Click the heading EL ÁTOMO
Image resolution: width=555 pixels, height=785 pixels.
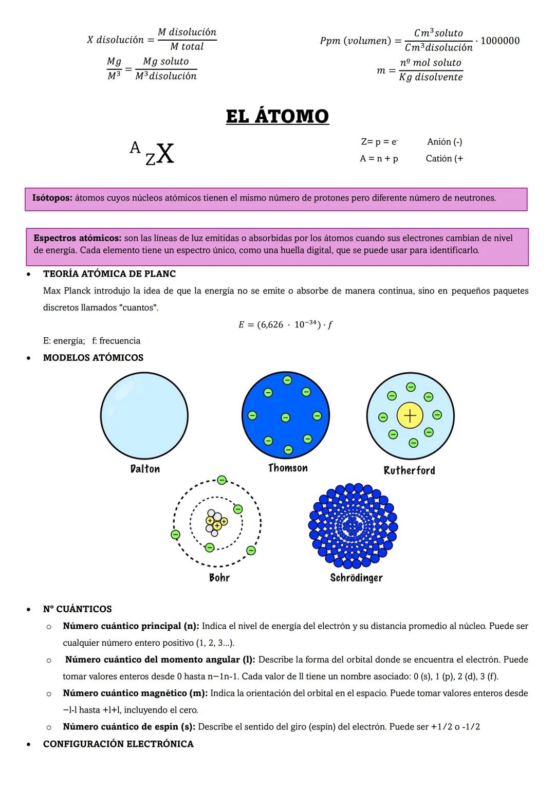pos(277,116)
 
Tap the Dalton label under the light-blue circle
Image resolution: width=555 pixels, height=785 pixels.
pos(145,469)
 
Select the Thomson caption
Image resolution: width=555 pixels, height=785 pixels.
pos(288,468)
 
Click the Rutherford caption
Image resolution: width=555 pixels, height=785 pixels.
pos(409,470)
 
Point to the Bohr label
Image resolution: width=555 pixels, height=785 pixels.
pos(219,577)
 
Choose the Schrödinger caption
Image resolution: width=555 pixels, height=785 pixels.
pos(356,577)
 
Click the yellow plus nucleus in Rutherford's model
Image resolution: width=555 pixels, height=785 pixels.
pos(410,416)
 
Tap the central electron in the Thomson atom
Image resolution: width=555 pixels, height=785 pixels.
pos(285,418)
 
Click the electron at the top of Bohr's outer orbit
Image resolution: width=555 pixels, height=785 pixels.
pos(221,480)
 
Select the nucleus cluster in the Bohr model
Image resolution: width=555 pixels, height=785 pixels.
pos(216,522)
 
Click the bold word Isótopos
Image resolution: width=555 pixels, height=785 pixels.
pos(52,198)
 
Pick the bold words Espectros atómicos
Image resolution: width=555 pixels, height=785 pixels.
pos(77,238)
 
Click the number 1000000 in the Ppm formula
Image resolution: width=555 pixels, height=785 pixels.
pos(499,41)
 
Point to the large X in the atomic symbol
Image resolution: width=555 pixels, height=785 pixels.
pos(165,153)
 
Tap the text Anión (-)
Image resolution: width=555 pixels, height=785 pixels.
pos(445,142)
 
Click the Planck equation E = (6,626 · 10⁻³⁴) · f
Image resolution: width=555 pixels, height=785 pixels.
pos(286,324)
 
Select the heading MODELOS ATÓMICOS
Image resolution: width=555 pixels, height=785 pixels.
pos(93,358)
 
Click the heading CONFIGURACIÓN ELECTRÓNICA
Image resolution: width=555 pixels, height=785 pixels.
pos(118,744)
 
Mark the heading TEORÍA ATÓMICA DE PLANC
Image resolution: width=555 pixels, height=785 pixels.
pos(109,274)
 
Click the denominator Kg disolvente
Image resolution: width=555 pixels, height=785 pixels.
pos(431,77)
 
